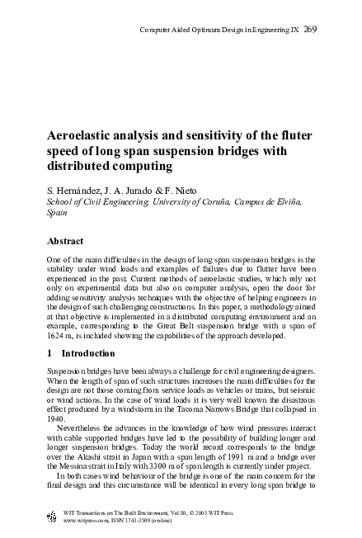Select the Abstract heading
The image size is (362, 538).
click(66, 241)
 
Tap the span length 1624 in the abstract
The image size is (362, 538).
click(56, 336)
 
